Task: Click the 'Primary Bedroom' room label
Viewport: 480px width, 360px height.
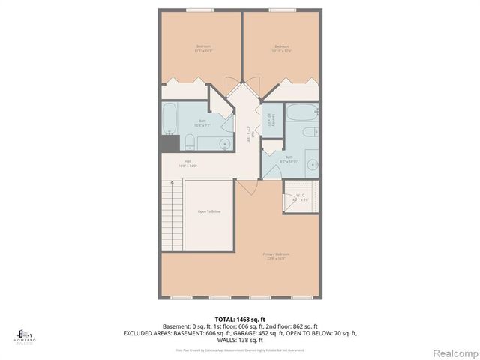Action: [276, 256]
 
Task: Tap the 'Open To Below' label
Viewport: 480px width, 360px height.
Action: [208, 212]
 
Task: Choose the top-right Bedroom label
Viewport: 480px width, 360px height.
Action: [282, 49]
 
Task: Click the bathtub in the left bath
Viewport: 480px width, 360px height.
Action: [170, 118]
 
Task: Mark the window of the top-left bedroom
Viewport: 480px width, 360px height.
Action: [199, 10]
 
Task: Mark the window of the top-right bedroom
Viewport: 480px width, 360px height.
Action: [281, 10]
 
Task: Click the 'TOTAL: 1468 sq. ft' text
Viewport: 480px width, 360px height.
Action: [240, 319]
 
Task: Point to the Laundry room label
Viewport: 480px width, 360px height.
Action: [271, 119]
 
